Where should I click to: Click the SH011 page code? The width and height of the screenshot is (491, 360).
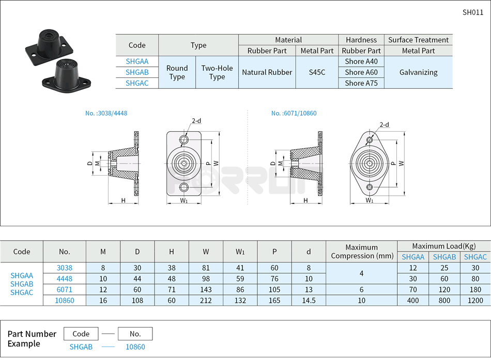click(472, 12)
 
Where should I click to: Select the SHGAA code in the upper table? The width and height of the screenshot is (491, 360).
click(137, 61)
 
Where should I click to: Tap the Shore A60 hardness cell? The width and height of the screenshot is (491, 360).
click(361, 72)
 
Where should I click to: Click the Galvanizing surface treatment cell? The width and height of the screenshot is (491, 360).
click(418, 72)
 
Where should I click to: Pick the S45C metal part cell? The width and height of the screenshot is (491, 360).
click(317, 72)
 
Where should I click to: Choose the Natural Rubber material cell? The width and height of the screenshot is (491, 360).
click(267, 72)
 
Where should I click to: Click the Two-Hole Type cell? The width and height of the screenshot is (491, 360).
click(217, 72)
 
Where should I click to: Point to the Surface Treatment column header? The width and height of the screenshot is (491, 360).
click(418, 40)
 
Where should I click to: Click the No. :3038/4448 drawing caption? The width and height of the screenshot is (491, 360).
click(106, 113)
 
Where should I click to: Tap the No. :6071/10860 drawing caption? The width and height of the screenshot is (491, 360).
click(294, 113)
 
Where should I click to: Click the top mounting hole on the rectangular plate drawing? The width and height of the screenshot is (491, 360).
click(184, 140)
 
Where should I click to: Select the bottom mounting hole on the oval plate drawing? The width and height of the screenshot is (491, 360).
click(370, 187)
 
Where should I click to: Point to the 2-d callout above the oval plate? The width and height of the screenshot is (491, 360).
click(384, 124)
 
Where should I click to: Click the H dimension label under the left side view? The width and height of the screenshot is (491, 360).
click(123, 200)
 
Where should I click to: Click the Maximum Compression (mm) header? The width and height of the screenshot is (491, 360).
click(362, 252)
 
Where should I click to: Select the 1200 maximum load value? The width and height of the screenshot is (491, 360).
click(475, 300)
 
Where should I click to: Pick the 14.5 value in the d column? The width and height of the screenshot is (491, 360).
click(309, 300)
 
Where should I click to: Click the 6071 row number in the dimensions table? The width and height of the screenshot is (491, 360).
click(65, 289)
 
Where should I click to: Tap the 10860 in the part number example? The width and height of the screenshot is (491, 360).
click(135, 347)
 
